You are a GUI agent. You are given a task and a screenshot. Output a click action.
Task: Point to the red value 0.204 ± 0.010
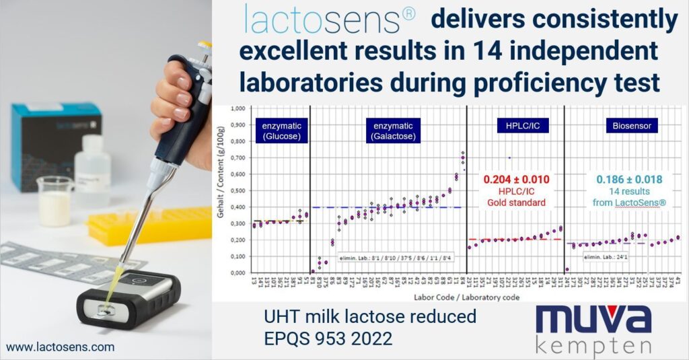coord(515,180)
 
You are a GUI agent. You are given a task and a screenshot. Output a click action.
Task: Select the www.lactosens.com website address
coord(61,347)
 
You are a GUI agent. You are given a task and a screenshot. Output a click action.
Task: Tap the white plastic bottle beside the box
coord(92,171)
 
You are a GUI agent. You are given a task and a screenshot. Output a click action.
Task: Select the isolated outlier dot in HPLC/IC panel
coord(509,157)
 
